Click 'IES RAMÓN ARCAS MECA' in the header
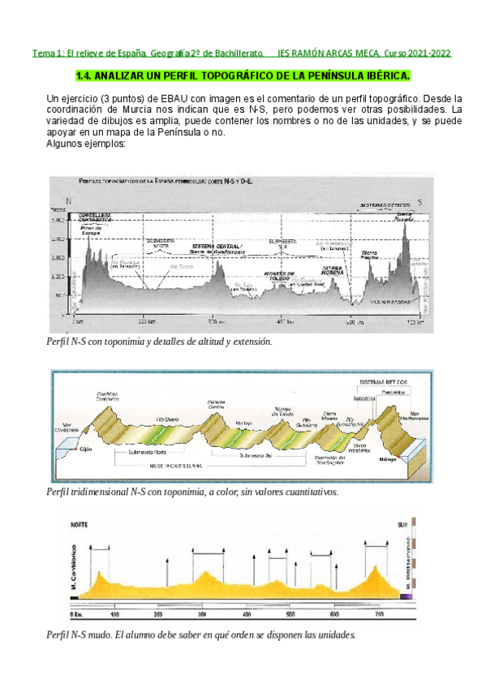(329, 54)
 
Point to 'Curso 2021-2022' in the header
(418, 54)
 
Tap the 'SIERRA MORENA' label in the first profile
(336, 269)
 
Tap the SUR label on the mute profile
(399, 524)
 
